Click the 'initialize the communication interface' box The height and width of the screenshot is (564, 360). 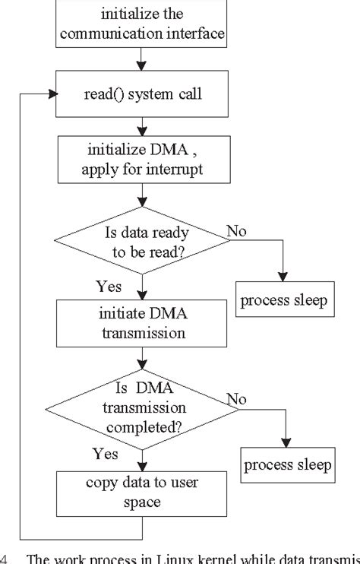[x=142, y=23]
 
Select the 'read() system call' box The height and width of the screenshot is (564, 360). [x=141, y=94]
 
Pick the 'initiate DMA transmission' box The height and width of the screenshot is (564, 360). [x=141, y=322]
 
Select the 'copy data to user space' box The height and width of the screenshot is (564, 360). [x=141, y=492]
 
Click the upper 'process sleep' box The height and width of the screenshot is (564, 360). [x=283, y=300]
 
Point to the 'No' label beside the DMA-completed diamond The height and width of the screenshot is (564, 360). [x=236, y=398]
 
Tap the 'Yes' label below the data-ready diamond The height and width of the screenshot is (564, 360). [x=109, y=287]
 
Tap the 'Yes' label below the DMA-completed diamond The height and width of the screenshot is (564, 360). [x=106, y=454]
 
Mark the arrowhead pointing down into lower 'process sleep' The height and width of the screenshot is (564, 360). [x=286, y=444]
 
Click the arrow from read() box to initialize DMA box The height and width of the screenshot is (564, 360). [x=141, y=126]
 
